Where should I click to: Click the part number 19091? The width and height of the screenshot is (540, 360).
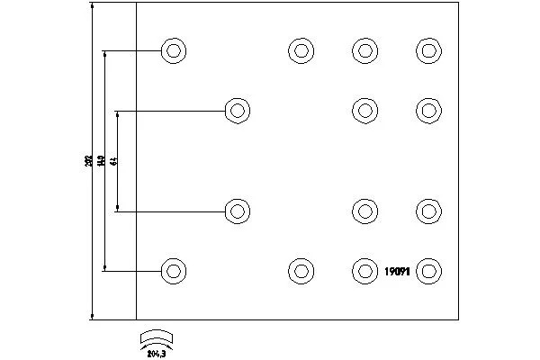tap(397, 270)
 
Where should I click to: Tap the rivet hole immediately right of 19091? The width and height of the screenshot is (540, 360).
tap(429, 269)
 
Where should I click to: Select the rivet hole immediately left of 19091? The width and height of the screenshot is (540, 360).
tap(364, 269)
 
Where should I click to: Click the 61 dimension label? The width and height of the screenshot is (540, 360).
tap(114, 160)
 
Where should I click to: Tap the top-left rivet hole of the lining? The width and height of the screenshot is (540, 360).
tap(173, 50)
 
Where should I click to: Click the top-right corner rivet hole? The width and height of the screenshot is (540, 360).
tap(429, 50)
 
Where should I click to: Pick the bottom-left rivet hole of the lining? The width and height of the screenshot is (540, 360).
tap(173, 269)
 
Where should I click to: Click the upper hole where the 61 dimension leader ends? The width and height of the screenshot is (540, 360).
tap(237, 110)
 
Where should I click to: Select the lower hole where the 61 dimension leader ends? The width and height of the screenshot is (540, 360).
tap(237, 211)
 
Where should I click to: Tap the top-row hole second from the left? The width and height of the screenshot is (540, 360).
tap(300, 50)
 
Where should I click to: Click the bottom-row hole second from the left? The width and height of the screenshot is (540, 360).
tap(300, 269)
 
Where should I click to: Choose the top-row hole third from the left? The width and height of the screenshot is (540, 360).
tap(364, 50)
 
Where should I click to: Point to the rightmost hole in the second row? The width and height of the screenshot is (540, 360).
tap(429, 110)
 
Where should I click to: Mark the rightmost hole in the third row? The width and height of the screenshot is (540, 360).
tap(429, 211)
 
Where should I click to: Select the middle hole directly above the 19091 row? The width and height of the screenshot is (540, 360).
tap(364, 211)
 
